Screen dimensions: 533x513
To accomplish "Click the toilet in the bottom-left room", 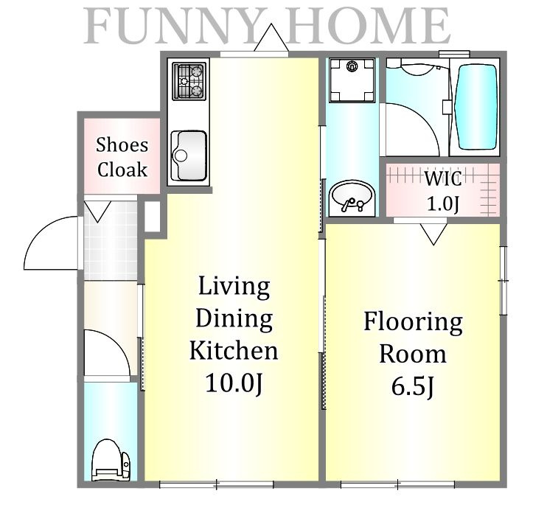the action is (x=111, y=460).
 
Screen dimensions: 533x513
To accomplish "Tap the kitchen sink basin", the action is (x=189, y=156).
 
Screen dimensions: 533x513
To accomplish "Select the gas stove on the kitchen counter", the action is (x=189, y=81).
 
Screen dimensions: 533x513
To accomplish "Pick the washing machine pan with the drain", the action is (x=352, y=80).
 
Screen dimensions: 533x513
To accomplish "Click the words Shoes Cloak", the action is (x=122, y=157).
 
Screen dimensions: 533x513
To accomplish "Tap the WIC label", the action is (x=443, y=178).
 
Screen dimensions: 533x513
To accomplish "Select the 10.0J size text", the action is (x=234, y=383).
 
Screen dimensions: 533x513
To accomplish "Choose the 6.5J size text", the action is (x=412, y=386).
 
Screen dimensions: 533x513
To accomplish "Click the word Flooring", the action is (x=413, y=322).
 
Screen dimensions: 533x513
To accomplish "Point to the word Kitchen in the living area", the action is (x=234, y=350).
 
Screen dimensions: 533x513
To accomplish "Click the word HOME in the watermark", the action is (x=368, y=26).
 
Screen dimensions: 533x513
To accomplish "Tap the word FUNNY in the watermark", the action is (x=174, y=26).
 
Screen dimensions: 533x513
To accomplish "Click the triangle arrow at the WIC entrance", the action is (x=433, y=234).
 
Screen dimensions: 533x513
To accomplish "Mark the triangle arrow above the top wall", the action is (x=271, y=37).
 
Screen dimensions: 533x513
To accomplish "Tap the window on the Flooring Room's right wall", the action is (x=504, y=281).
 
